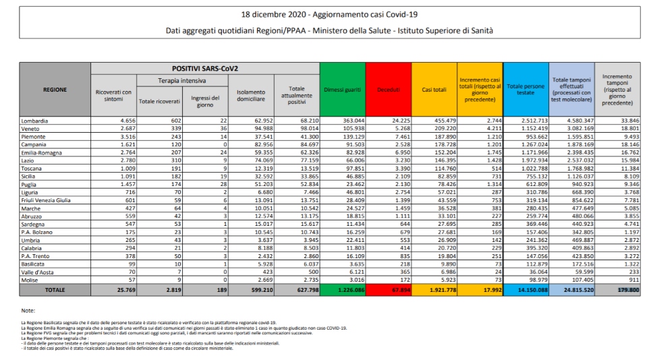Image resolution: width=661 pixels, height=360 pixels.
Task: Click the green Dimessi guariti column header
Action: pyautogui.click(x=341, y=90)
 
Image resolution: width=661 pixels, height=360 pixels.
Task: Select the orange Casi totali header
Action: pyautogui.click(x=433, y=90)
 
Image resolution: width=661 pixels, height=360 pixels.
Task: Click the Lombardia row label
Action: pyautogui.click(x=35, y=121)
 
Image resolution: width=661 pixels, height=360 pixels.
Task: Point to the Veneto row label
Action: pyautogui.click(x=32, y=127)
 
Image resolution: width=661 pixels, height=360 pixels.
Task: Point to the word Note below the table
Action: pyautogui.click(x=28, y=310)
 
